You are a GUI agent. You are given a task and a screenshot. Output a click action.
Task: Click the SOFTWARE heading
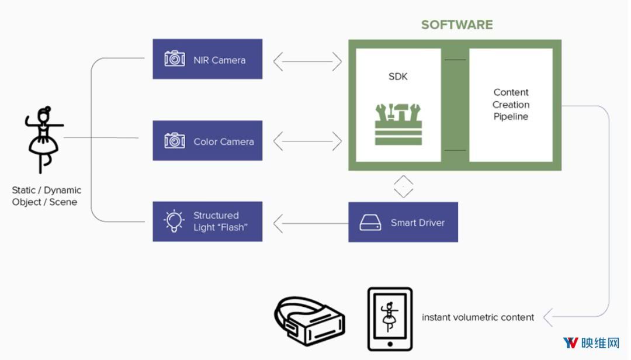point(457,25)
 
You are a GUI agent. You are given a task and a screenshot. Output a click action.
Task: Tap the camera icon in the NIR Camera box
point(175,59)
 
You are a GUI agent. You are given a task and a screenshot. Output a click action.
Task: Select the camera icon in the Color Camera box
point(175,141)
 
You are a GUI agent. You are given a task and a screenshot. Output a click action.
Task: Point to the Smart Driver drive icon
point(370,223)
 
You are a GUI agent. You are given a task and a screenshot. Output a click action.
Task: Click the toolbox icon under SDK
point(398,124)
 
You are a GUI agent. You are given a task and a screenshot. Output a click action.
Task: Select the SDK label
point(398,77)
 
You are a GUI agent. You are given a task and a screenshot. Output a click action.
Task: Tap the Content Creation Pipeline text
point(511,105)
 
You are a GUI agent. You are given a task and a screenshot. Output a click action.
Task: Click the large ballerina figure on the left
point(43,139)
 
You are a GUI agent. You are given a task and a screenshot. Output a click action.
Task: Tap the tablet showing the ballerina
point(390,319)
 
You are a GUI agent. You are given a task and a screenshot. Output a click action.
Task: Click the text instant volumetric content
point(478,317)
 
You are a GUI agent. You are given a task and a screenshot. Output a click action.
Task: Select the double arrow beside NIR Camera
point(307,60)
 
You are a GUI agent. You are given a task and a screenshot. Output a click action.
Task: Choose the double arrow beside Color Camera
point(307,140)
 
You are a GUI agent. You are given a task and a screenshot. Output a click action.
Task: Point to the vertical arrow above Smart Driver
point(403,186)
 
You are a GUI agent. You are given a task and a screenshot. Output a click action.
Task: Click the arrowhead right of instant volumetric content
point(549,317)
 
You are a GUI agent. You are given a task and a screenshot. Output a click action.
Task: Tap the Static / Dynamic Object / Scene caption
point(47,196)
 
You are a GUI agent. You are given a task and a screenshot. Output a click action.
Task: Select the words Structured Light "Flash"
point(220,221)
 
